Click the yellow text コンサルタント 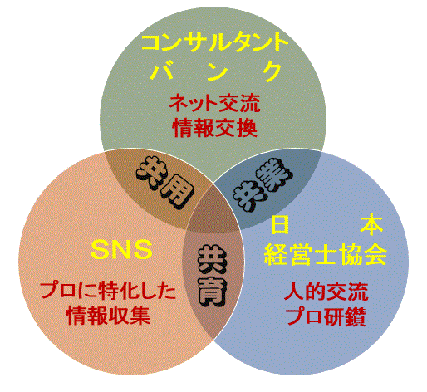click(214, 43)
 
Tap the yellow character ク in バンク click(272, 71)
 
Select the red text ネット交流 click(214, 103)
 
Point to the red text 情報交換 click(214, 128)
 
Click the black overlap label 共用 click(164, 181)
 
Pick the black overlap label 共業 click(263, 184)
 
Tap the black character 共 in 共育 click(212, 259)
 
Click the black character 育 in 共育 click(213, 291)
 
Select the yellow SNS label click(121, 250)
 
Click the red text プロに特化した click(108, 291)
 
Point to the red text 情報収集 click(109, 316)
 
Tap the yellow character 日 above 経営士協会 click(280, 225)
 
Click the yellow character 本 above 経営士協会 click(371, 225)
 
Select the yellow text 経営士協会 click(326, 255)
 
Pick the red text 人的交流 click(326, 292)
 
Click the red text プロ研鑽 click(326, 316)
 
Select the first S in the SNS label click(101, 250)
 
